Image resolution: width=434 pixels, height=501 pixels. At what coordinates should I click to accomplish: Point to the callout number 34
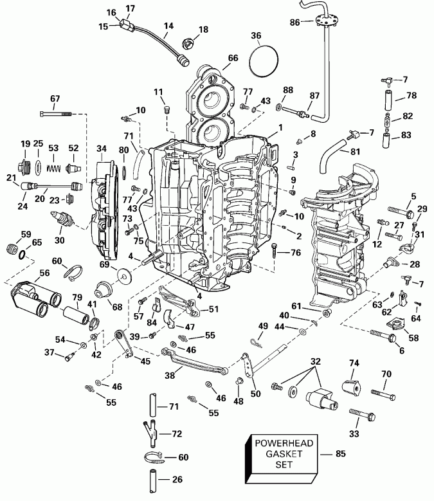(101, 149)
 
